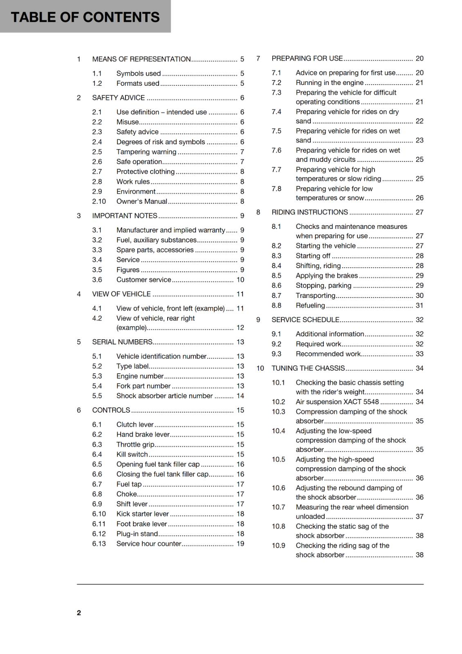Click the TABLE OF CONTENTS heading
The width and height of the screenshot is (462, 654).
click(85, 17)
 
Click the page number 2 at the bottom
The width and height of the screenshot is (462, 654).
click(79, 612)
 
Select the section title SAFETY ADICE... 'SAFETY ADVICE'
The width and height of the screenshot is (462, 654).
click(119, 98)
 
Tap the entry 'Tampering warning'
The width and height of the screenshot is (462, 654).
click(146, 152)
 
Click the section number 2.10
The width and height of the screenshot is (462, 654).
click(99, 201)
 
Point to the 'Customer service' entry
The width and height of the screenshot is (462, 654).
click(144, 280)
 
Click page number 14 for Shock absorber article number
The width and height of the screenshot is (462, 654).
click(240, 396)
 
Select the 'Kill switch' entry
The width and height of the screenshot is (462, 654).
click(132, 454)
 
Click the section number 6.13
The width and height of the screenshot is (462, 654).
click(99, 544)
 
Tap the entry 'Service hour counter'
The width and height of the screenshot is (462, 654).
click(149, 544)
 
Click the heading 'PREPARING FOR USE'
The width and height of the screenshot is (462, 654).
click(307, 58)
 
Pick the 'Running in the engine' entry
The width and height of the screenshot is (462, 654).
click(330, 83)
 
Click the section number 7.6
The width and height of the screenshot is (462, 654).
click(276, 150)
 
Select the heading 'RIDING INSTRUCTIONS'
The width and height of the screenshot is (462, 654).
click(309, 212)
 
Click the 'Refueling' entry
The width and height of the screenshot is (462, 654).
click(310, 305)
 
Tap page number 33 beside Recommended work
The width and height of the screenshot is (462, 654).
click(419, 354)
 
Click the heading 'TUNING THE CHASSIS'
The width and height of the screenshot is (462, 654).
click(308, 368)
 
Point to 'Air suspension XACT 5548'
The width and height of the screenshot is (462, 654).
click(337, 402)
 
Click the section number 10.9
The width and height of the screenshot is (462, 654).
click(278, 545)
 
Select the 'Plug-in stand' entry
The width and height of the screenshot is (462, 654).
click(137, 534)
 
